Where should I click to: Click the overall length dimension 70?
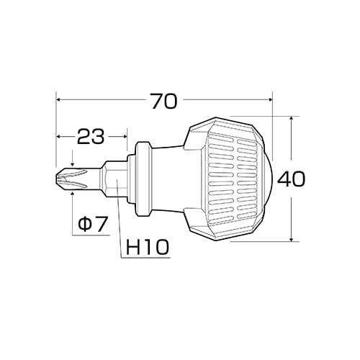coord(164,102)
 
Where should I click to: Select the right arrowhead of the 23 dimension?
coord(124,135)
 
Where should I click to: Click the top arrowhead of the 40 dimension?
coord(289,119)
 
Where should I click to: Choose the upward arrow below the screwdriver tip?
coord(72,194)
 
